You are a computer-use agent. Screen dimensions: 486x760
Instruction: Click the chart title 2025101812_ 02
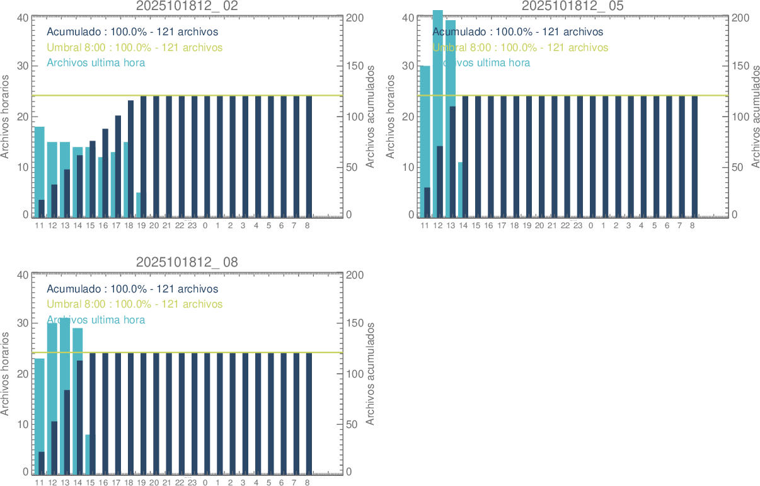point(187,6)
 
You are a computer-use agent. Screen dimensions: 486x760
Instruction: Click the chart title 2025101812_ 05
point(573,6)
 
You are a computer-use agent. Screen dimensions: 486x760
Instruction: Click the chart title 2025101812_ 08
point(187,262)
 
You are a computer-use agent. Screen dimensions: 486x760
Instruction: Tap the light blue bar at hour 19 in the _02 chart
point(138,205)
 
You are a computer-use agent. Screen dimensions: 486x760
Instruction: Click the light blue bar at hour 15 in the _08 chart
point(88,454)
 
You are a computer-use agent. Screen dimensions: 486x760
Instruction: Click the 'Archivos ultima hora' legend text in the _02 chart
point(96,63)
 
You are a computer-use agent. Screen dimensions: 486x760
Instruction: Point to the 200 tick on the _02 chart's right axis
point(356,18)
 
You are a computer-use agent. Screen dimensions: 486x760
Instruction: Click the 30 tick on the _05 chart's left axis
point(408,66)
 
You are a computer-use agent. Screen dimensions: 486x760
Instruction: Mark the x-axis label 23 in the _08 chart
point(192,483)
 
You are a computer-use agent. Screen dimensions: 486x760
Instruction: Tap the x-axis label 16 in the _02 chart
point(103,226)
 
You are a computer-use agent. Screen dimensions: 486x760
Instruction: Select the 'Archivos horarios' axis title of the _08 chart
point(6,373)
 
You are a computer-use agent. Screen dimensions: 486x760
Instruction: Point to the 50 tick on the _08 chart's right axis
point(354,424)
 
